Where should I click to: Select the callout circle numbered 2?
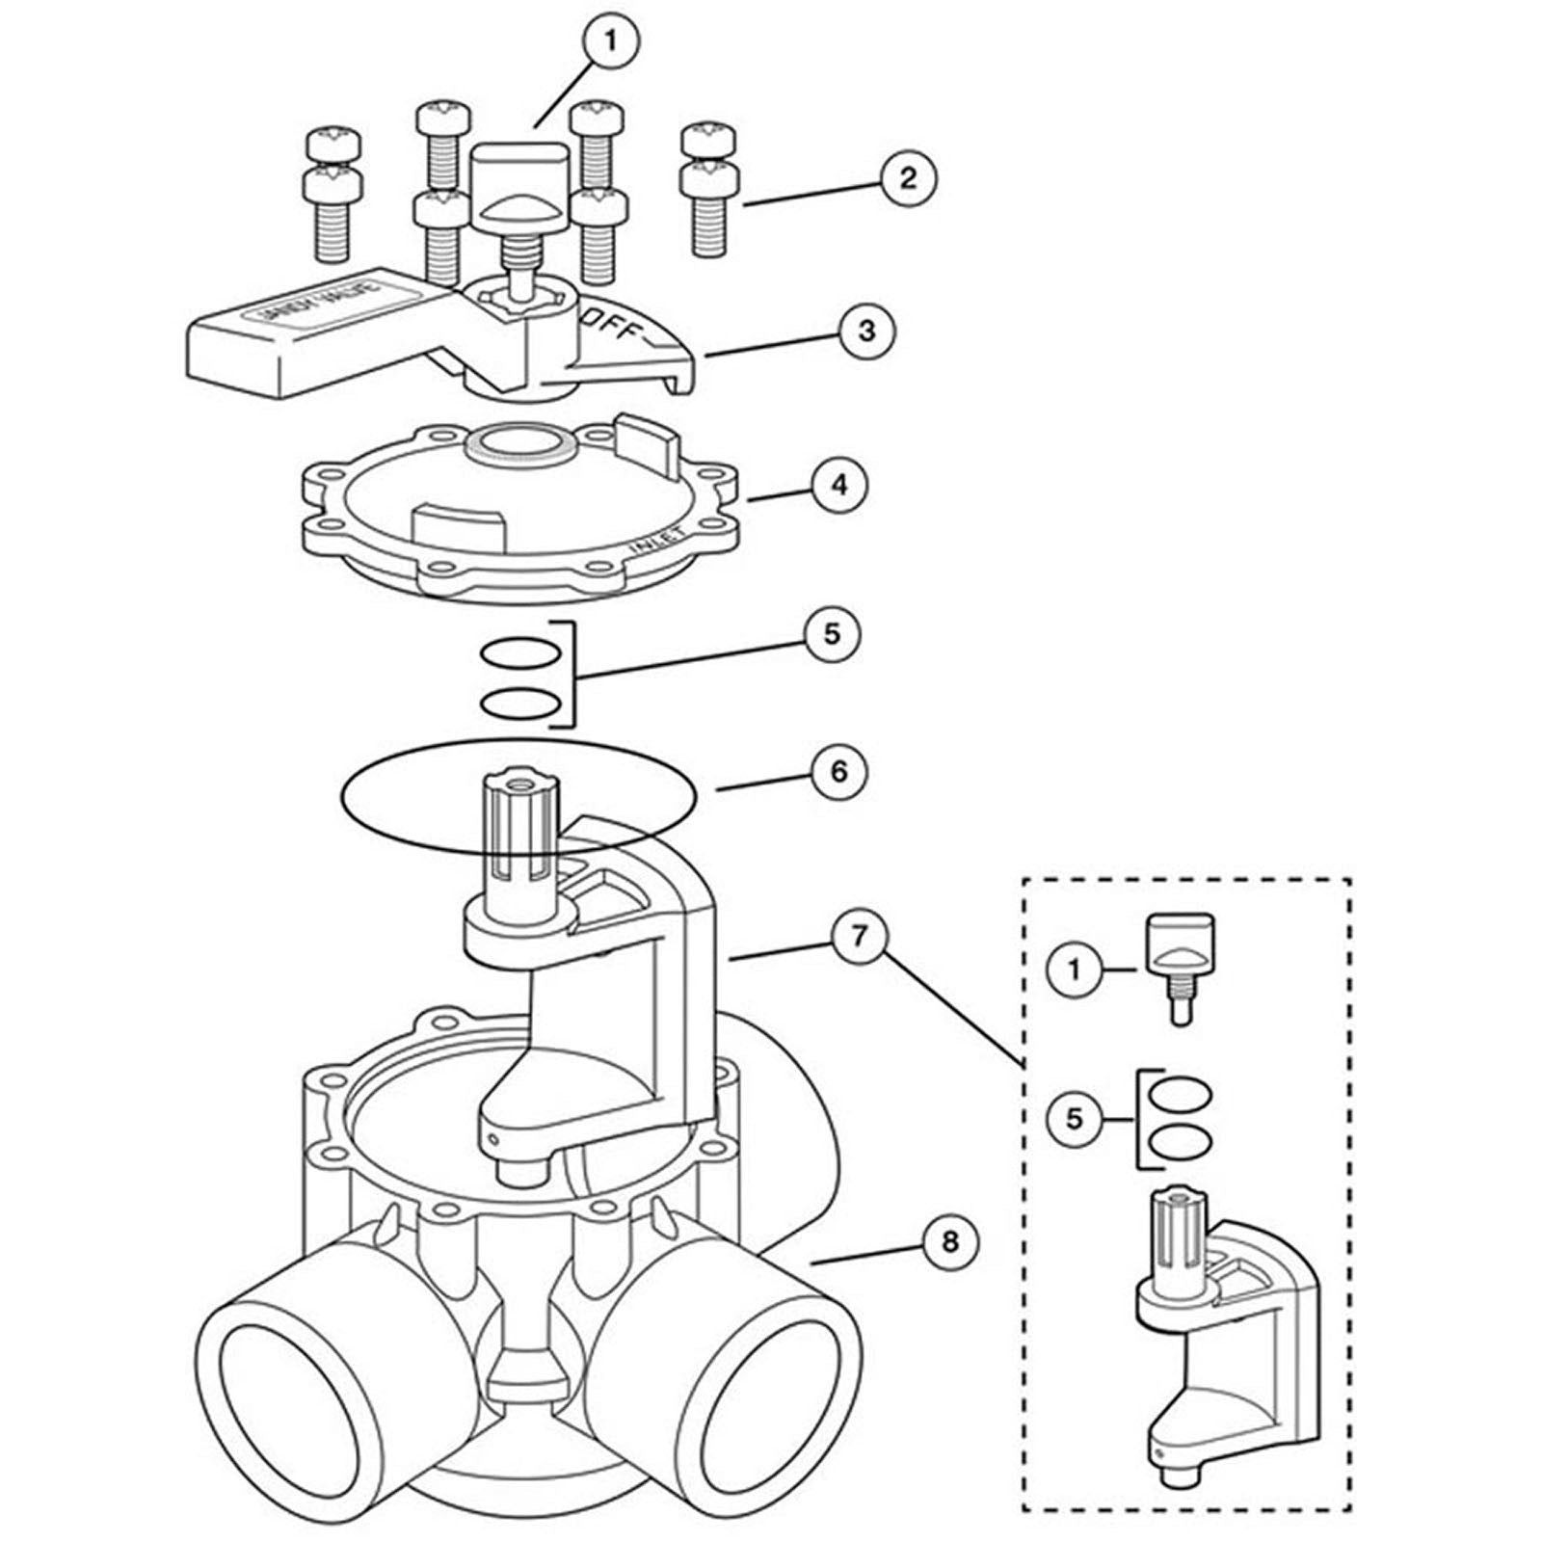tap(907, 178)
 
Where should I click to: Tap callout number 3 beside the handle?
tap(866, 331)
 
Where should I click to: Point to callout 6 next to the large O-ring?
tap(837, 771)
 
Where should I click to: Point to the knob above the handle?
tap(518, 183)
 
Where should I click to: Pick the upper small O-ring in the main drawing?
tap(519, 654)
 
